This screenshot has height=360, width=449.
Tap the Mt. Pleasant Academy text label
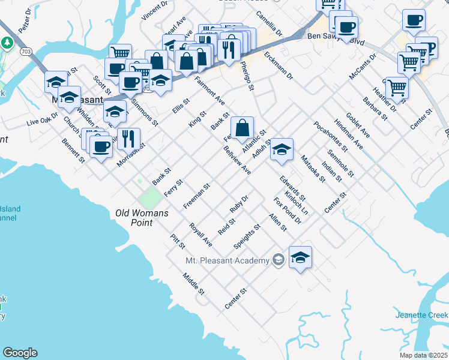(x=228, y=260)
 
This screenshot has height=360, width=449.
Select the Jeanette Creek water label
(x=421, y=315)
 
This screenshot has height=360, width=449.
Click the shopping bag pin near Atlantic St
(x=242, y=128)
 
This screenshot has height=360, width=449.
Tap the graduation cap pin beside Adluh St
(x=281, y=150)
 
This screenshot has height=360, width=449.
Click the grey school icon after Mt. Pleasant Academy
(x=278, y=260)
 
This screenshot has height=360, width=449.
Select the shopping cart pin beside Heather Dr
(x=397, y=88)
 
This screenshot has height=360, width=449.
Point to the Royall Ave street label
(x=200, y=235)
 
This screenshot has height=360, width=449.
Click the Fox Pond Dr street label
(x=287, y=211)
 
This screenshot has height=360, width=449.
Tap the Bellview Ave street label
(x=237, y=160)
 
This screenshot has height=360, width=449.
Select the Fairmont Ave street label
(x=209, y=91)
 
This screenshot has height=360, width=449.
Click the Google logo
(x=20, y=353)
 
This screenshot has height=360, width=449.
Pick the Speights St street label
(x=247, y=236)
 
